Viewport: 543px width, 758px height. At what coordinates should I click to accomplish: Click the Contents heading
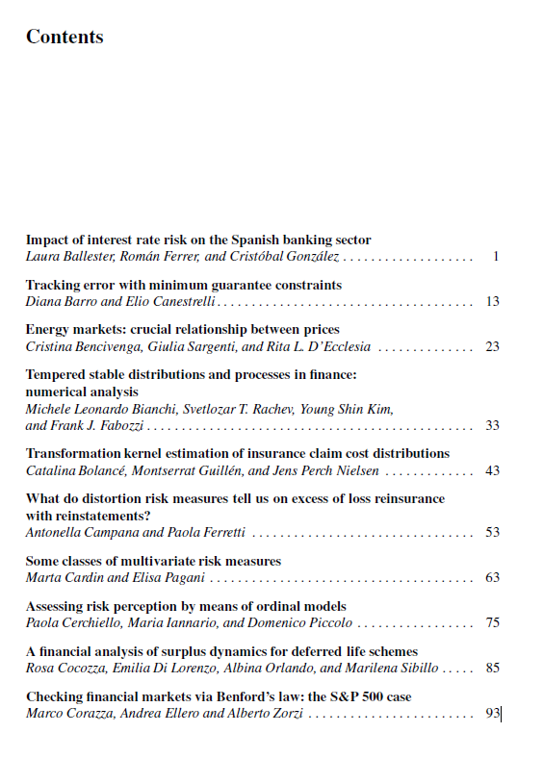pyautogui.click(x=65, y=38)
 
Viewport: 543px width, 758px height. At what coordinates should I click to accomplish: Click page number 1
pyautogui.click(x=495, y=257)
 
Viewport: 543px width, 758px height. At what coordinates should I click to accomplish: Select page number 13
pyautogui.click(x=492, y=302)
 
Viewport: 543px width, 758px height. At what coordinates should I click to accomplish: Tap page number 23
pyautogui.click(x=492, y=346)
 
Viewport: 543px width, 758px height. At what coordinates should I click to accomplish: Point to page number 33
pyautogui.click(x=492, y=425)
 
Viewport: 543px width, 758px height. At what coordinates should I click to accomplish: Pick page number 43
pyautogui.click(x=492, y=470)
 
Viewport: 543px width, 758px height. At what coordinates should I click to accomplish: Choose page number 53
pyautogui.click(x=492, y=532)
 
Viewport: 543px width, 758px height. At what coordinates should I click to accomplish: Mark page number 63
pyautogui.click(x=492, y=578)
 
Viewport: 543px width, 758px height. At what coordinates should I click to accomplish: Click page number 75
pyautogui.click(x=492, y=622)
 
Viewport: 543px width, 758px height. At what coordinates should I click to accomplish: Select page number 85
pyautogui.click(x=492, y=668)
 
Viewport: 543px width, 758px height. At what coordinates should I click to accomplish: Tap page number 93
pyautogui.click(x=492, y=714)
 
